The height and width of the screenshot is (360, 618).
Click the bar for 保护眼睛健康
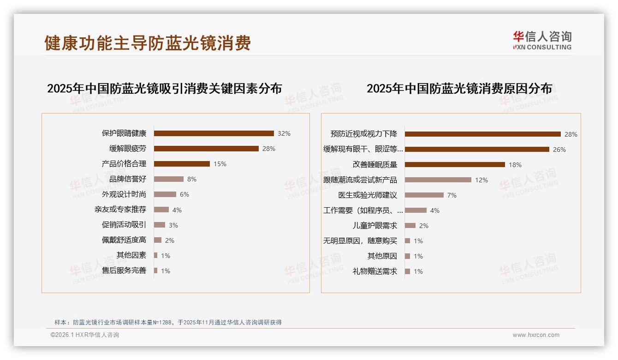[x=214, y=133]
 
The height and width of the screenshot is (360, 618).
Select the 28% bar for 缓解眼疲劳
[x=206, y=149]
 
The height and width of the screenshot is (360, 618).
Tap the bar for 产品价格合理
[x=182, y=164]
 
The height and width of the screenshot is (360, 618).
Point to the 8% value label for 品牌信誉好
[x=192, y=179]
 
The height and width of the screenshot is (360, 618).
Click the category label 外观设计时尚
[x=124, y=194]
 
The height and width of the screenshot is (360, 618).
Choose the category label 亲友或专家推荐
[x=120, y=210]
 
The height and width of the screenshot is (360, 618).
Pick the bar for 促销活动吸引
[x=160, y=225]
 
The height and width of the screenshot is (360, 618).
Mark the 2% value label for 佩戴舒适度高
[x=170, y=240]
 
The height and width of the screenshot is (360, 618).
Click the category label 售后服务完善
[x=124, y=270]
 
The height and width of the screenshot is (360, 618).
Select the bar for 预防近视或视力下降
[x=482, y=134]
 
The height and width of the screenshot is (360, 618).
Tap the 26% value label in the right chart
[x=559, y=150]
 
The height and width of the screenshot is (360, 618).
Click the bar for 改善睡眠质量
[x=455, y=164]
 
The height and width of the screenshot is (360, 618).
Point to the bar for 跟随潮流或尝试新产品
[x=438, y=180]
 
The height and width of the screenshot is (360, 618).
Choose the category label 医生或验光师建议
[x=368, y=195]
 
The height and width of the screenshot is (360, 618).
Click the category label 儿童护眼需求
[x=375, y=226]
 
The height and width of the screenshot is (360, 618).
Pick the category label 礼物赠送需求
[x=375, y=271]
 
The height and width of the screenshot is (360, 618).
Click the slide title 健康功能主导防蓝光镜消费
[x=148, y=43]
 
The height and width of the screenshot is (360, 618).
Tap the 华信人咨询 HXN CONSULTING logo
[x=542, y=41]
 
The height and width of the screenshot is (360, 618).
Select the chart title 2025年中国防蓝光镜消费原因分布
[x=459, y=89]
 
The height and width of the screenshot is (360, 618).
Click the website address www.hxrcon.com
[x=536, y=335]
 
